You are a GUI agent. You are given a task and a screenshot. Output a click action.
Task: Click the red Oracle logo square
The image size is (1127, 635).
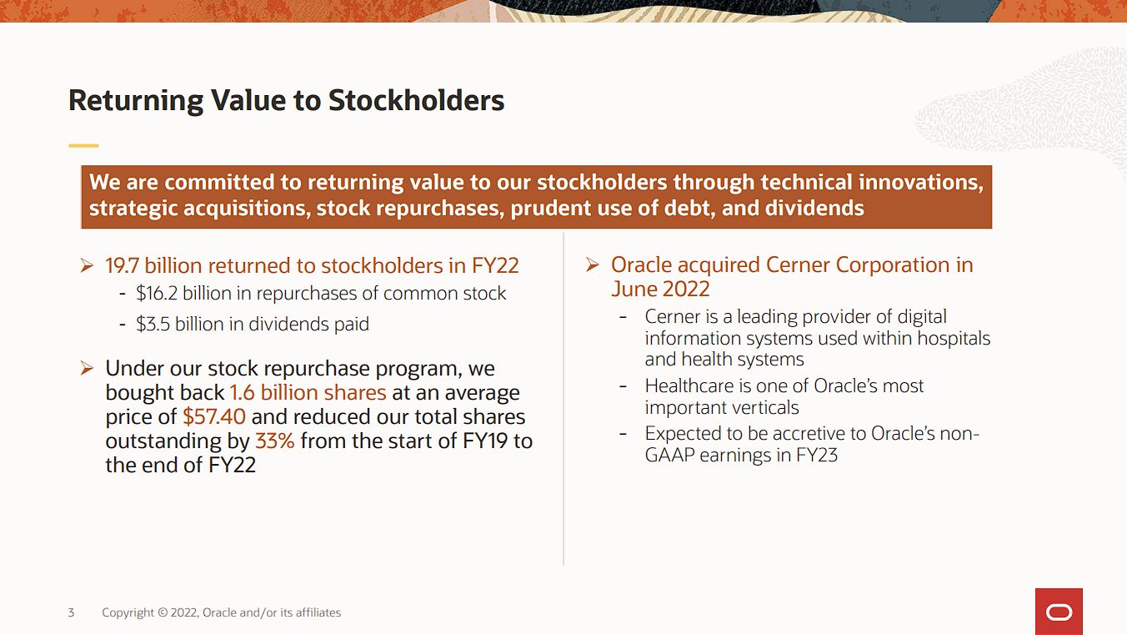coord(1059,612)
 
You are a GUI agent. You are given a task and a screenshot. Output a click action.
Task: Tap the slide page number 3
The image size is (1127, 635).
coord(71,612)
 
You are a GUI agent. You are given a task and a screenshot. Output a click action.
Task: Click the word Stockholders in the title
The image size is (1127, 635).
coord(416,100)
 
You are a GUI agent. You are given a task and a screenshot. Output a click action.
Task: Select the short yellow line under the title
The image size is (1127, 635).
coord(83,145)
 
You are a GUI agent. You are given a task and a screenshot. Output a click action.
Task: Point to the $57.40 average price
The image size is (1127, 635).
coord(214,416)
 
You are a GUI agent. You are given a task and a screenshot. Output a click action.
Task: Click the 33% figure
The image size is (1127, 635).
coord(275,441)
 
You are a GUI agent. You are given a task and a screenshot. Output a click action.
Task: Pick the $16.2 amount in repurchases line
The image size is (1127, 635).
coord(157,293)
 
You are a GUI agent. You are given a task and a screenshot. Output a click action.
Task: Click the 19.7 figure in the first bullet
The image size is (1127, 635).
coord(122,265)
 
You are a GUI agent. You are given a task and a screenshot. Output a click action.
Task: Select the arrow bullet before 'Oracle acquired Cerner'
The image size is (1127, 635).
coord(593,265)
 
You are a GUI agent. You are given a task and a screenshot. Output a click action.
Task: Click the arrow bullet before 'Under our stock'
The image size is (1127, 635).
coord(87,368)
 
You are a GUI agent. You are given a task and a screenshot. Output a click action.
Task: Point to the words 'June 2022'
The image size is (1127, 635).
coord(660,289)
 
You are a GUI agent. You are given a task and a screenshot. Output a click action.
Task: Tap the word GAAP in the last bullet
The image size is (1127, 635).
coord(669,456)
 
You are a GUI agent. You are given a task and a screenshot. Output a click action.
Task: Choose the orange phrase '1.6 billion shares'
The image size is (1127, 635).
coord(308,392)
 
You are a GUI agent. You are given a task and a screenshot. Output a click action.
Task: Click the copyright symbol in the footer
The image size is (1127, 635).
coord(162,612)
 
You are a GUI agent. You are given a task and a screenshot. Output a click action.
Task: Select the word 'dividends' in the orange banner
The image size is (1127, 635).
coord(814,208)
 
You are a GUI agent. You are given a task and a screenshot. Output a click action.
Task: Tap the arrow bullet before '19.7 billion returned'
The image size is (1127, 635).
coord(87,265)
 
